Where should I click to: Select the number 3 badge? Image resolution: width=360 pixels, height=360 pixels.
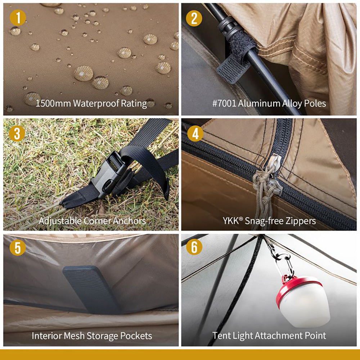click(18, 134)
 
